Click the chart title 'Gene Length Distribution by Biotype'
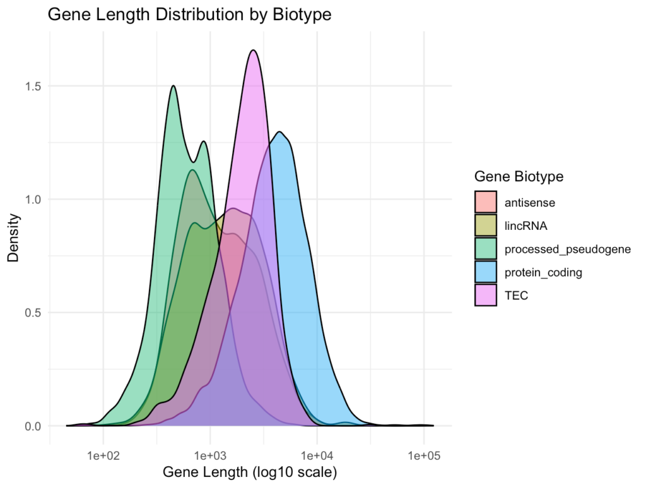coord(190,15)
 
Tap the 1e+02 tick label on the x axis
coord(103,456)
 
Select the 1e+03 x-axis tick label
coord(210,456)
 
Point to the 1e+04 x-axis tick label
coord(317,456)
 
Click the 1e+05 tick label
coord(423,456)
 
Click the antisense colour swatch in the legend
coord(486,202)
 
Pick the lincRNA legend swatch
coord(486,225)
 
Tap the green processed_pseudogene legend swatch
coord(486,249)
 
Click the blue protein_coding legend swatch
coord(486,272)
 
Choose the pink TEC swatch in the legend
coord(486,296)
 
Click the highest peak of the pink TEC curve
coord(253,51)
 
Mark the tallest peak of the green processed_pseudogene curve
coord(173,86)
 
